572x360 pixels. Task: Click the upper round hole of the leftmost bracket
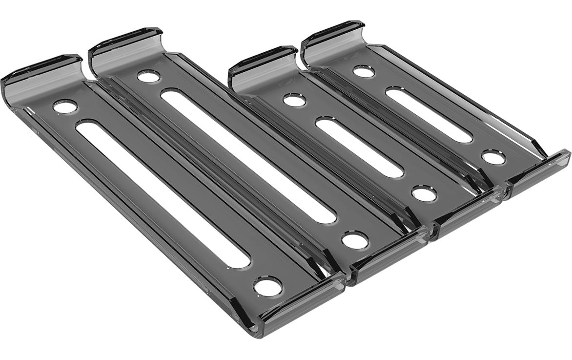[65, 106]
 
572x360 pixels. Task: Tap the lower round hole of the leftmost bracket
[267, 286]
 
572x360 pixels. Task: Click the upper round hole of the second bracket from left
[148, 76]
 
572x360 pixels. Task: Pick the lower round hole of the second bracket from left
[355, 240]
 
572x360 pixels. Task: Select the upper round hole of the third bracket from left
[294, 100]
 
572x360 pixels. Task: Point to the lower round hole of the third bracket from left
[424, 193]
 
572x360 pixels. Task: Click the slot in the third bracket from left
[359, 147]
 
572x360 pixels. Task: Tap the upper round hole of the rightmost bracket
[364, 71]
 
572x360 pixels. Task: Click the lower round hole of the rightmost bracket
[493, 157]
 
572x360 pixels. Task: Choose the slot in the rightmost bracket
[429, 115]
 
